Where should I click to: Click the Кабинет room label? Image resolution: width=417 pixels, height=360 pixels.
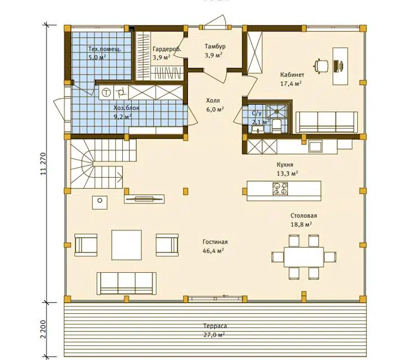(x=292, y=75)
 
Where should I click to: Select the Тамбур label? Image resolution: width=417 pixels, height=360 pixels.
(x=215, y=46)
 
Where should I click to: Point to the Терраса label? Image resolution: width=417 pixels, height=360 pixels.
(x=215, y=326)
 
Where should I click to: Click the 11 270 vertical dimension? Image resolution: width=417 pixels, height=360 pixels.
(x=44, y=164)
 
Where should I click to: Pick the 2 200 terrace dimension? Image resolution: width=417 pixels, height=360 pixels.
(x=44, y=329)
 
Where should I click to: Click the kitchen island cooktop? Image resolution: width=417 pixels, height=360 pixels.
(x=280, y=188)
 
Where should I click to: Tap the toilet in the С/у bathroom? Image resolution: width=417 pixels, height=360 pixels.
(x=276, y=126)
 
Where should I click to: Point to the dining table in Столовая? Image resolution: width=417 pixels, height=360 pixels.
(x=304, y=256)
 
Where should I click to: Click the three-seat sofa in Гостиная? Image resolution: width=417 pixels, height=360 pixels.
(x=127, y=283)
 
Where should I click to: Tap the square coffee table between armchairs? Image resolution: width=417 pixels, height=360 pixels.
(x=127, y=245)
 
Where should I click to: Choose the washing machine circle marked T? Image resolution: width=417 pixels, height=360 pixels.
(x=106, y=92)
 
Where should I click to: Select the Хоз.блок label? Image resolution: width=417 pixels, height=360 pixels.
(x=126, y=108)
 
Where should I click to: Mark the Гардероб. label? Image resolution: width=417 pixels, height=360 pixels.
(x=167, y=49)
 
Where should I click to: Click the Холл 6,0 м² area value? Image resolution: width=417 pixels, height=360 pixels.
(x=215, y=109)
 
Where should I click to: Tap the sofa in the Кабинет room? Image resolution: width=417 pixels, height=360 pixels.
(x=326, y=122)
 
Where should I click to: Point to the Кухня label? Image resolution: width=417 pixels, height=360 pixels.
(x=285, y=165)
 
